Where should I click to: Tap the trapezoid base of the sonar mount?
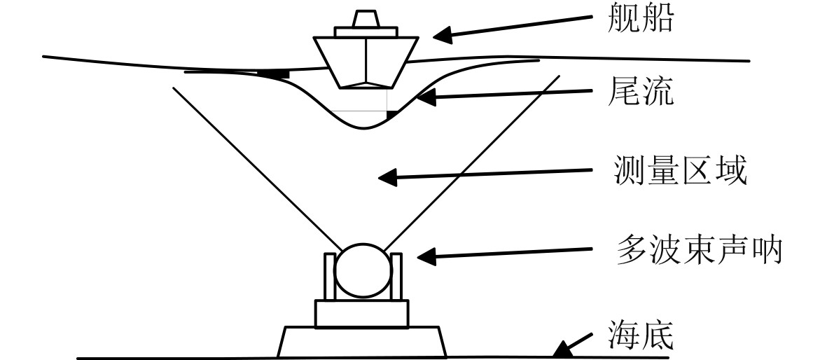362,342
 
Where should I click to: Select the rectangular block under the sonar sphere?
361,313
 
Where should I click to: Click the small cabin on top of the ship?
366,20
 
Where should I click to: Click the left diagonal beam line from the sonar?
252,168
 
